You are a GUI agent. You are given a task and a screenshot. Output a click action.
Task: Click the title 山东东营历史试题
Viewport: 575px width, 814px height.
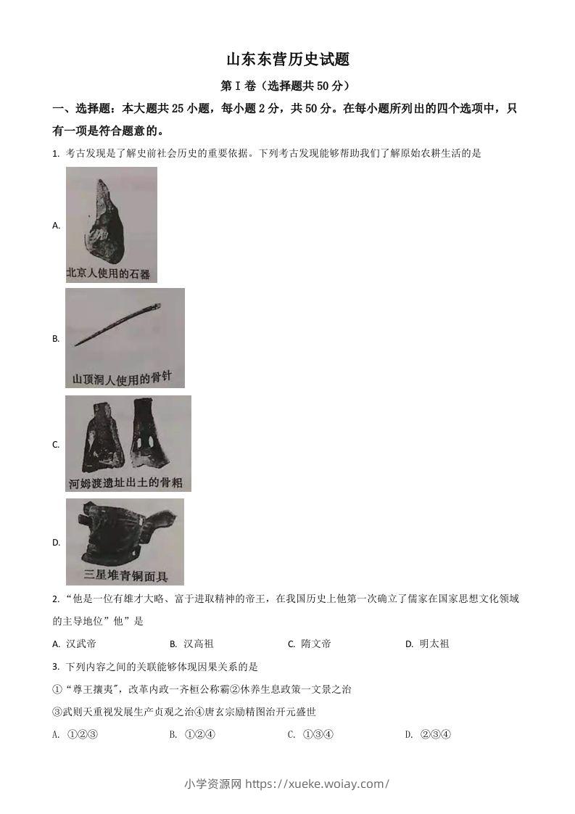point(288,59)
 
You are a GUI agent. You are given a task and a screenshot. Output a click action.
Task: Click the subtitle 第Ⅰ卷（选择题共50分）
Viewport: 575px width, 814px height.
point(288,86)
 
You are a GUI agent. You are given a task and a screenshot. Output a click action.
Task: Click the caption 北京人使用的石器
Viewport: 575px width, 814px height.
point(109,274)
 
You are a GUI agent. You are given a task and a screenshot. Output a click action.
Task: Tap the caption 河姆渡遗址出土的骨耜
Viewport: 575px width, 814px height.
point(127,482)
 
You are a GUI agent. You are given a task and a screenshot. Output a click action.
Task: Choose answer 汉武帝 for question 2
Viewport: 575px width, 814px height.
point(80,644)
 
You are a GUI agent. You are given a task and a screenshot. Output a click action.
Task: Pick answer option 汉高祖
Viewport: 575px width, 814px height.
point(198,644)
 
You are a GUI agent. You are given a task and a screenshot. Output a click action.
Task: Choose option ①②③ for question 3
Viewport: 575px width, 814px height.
point(82,734)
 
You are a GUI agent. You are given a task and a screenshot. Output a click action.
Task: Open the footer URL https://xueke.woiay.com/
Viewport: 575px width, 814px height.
point(318,783)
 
